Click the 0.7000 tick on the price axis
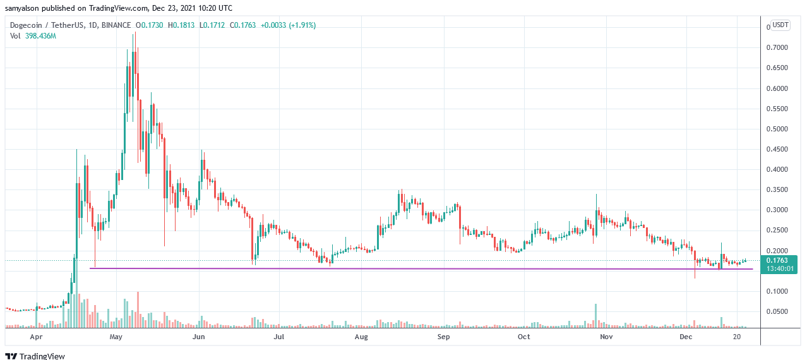[x=778, y=48]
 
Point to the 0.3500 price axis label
[x=778, y=190]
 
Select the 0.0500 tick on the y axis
[x=778, y=312]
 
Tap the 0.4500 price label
[x=778, y=150]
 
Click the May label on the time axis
[x=116, y=338]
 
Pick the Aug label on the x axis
[x=361, y=338]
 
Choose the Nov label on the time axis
[x=606, y=338]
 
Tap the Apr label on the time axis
[x=37, y=338]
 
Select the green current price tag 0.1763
[x=780, y=260]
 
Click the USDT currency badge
[x=780, y=25]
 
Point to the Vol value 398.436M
[x=41, y=36]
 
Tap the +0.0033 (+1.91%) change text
[x=288, y=25]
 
